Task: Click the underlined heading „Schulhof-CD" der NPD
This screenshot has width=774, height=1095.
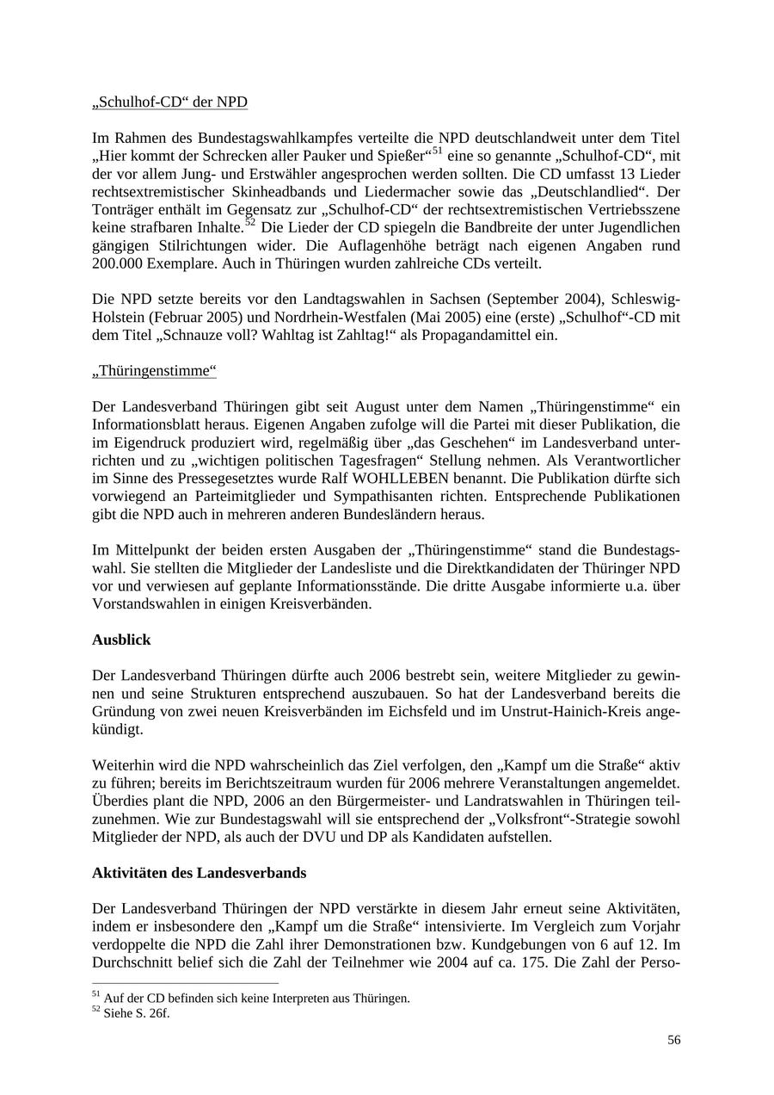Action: (x=169, y=102)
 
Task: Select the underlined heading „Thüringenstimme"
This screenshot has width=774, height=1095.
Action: (x=154, y=371)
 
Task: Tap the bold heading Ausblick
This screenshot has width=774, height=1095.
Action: (x=121, y=640)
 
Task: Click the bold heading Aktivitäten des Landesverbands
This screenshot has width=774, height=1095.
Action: (x=199, y=873)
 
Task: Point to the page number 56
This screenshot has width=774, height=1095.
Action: (x=673, y=1040)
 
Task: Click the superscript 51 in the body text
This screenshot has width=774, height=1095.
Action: (x=437, y=152)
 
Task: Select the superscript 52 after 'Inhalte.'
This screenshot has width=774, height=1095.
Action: (x=250, y=223)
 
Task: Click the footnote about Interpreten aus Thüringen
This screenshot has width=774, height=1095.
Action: (x=256, y=999)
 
